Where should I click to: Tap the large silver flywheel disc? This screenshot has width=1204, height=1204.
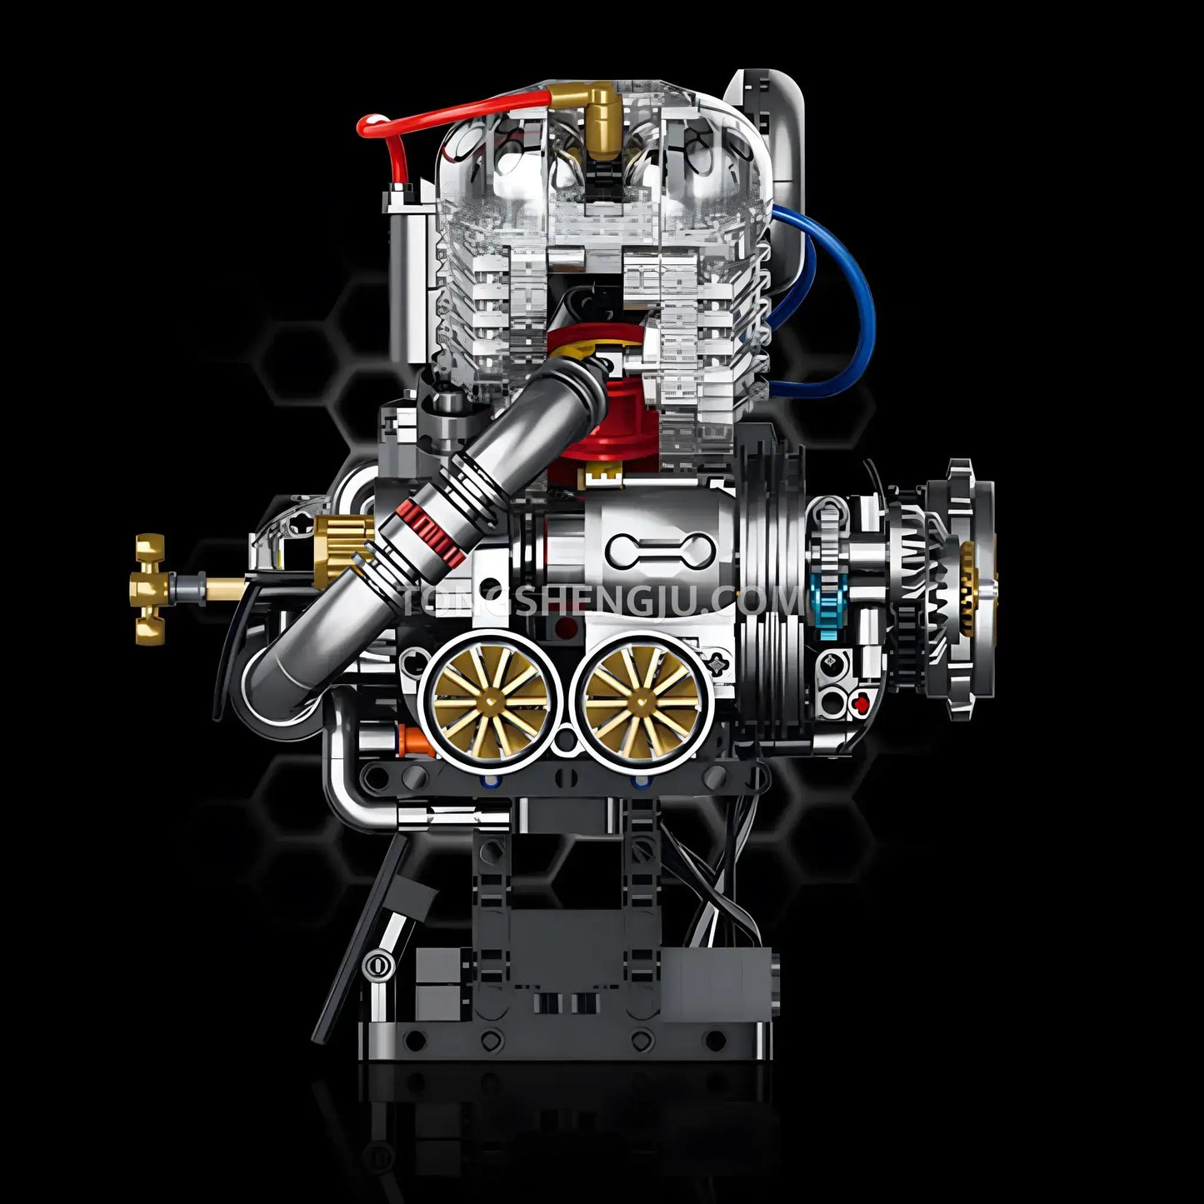(x=771, y=575)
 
